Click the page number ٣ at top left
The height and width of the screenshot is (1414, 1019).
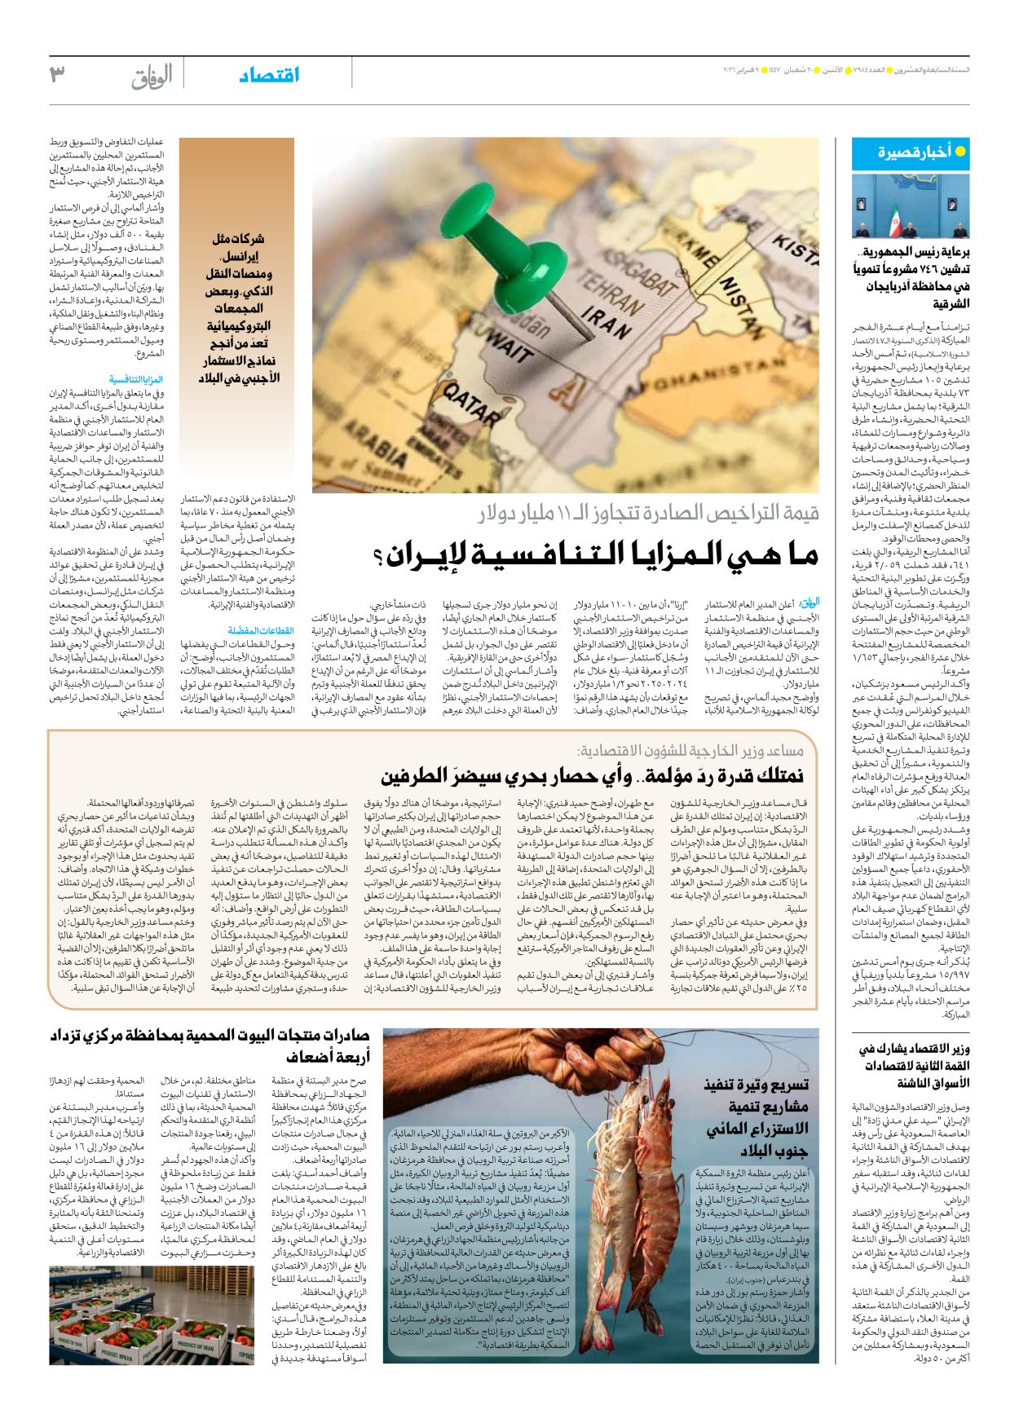pos(57,75)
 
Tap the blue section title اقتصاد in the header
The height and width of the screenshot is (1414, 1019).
pos(269,75)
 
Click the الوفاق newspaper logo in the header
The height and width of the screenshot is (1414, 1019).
pos(152,77)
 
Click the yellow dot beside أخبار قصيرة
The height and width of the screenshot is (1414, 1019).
pos(959,152)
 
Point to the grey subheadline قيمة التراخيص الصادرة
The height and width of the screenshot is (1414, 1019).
pos(648,515)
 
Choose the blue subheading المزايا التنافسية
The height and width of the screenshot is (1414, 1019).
pos(136,380)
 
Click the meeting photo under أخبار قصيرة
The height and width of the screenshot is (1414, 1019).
pos(911,206)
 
